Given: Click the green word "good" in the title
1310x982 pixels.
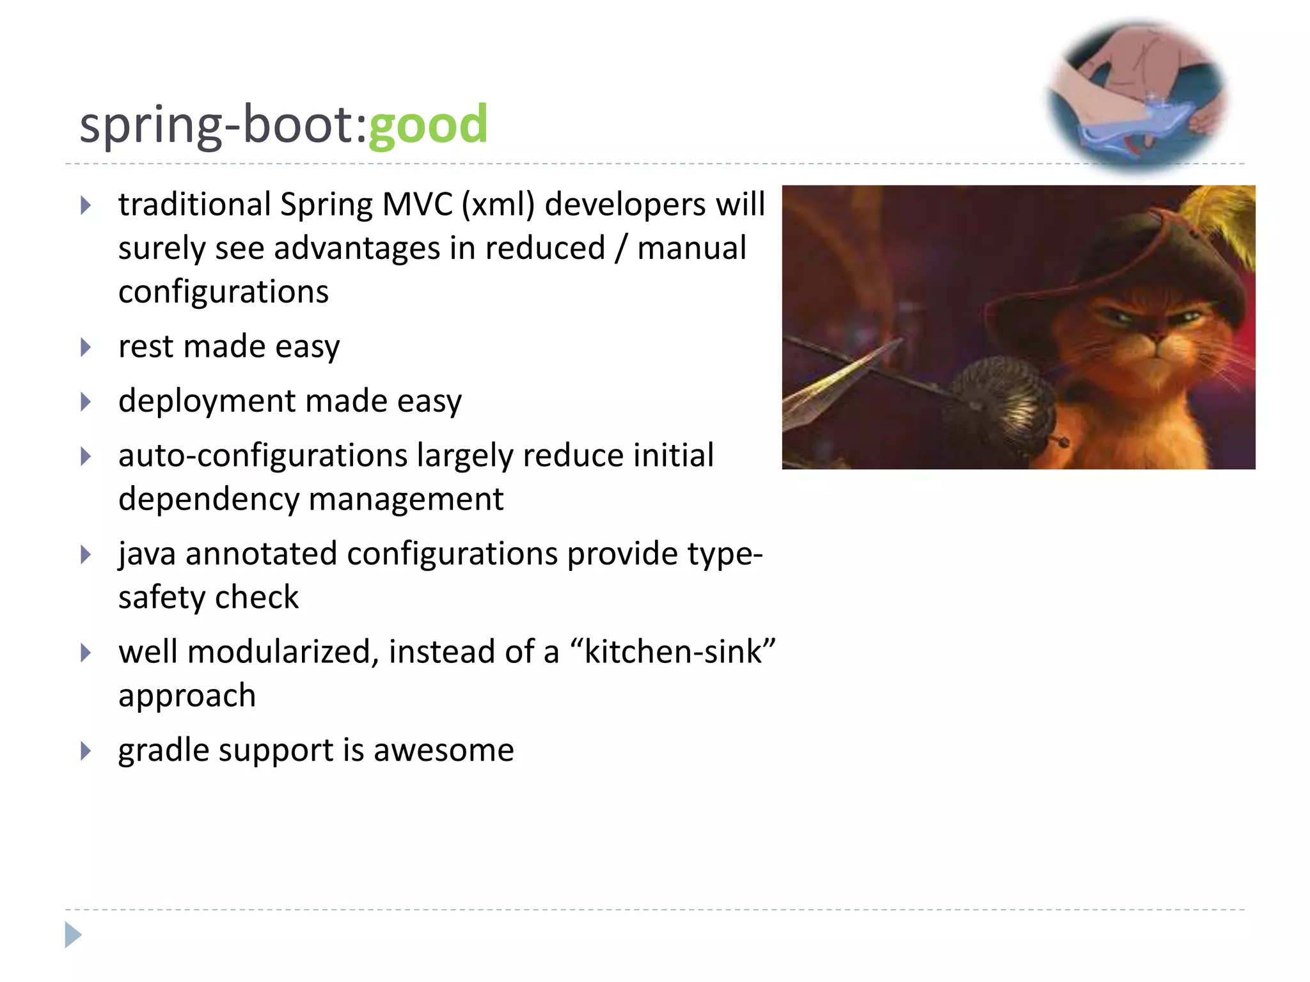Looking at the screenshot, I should tap(428, 125).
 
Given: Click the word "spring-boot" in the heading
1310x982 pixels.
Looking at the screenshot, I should tap(217, 125).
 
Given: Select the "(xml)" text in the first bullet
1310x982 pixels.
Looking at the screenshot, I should tap(498, 205).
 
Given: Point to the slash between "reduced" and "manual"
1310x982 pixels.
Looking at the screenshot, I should tap(620, 249).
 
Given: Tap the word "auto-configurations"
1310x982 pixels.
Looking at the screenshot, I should tap(263, 456).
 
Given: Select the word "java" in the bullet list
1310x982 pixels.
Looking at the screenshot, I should tap(146, 554).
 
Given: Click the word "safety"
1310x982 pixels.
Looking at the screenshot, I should tap(162, 598).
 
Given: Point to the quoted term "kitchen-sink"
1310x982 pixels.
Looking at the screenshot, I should tap(672, 652).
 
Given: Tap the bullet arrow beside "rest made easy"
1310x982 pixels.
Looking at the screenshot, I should tap(86, 347).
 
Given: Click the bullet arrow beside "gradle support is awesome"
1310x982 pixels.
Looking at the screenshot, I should tap(86, 751).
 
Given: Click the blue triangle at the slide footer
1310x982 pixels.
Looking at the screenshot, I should tap(73, 935).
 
